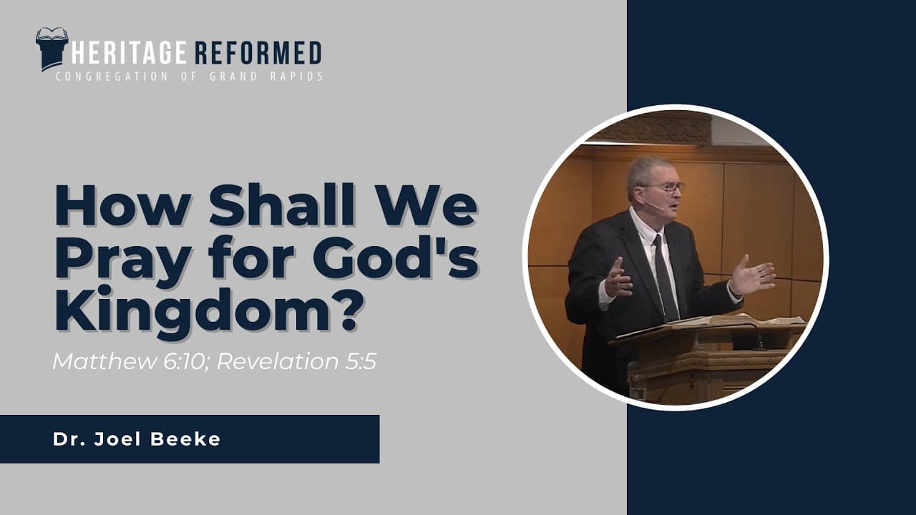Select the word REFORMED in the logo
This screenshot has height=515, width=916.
pos(258,53)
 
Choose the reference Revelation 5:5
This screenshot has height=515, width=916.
pos(296,361)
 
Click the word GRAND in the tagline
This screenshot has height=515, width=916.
pos(233,77)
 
